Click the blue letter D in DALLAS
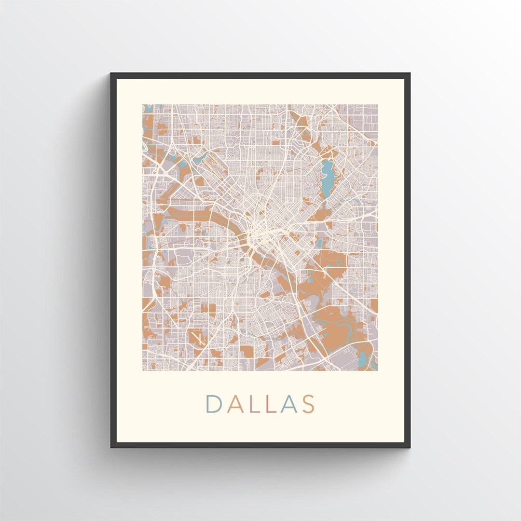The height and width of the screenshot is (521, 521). click(x=214, y=404)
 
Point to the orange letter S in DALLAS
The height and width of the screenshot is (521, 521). click(x=309, y=404)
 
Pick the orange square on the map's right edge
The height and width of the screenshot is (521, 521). click(x=374, y=306)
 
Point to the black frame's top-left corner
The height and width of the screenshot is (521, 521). click(x=112, y=74)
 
